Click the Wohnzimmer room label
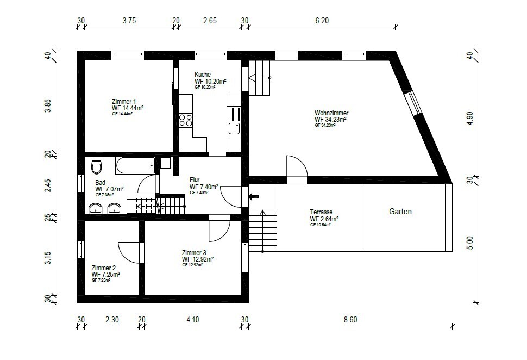[x=331, y=113]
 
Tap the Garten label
[x=400, y=212]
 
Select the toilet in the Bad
[x=97, y=165]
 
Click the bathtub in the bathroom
[x=135, y=165]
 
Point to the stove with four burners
[x=185, y=120]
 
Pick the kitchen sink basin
[x=234, y=128]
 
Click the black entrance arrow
[x=254, y=197]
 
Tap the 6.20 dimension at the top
[x=322, y=21]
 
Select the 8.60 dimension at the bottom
[x=350, y=319]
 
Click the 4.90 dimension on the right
[x=470, y=119]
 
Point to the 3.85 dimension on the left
[x=48, y=105]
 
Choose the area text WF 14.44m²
[x=128, y=108]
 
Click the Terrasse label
[x=321, y=212]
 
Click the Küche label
[x=203, y=75]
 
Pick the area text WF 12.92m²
[x=198, y=259]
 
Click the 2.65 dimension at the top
[x=210, y=21]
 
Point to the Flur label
[x=195, y=180]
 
